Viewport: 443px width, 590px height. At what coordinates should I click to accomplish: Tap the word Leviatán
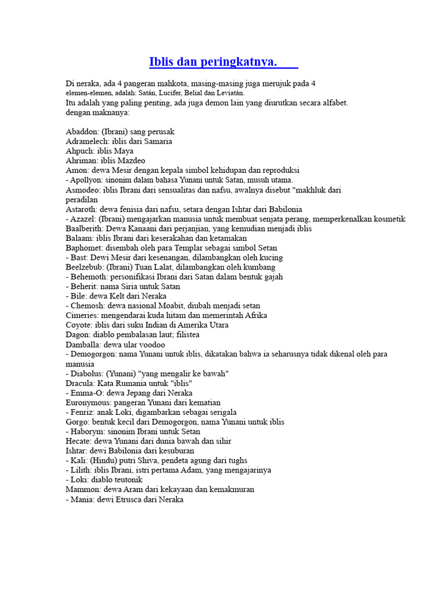230,93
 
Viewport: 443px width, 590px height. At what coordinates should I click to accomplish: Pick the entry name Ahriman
80,161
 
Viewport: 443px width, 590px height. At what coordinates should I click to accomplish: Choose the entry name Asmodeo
82,190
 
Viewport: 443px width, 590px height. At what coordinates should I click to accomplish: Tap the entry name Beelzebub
85,267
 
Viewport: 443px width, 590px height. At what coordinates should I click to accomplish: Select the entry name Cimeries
82,316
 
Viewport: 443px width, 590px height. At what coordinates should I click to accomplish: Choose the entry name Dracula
80,383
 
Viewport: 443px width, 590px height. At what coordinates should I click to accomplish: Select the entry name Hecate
79,441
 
